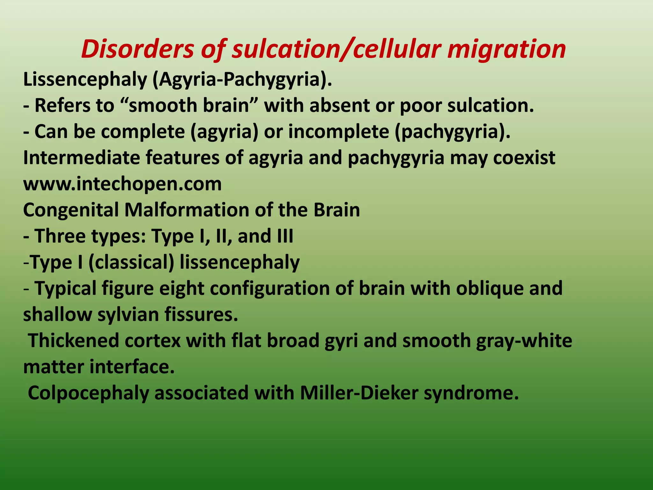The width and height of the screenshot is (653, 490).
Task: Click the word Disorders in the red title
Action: click(137, 49)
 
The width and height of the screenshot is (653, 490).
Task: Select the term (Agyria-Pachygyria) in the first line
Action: click(242, 79)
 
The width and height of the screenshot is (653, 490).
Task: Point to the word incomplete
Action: click(339, 132)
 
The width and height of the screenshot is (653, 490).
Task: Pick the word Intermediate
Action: click(82, 158)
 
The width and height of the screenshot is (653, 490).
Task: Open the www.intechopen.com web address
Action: click(122, 184)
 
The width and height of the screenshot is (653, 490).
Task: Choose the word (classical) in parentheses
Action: click(131, 263)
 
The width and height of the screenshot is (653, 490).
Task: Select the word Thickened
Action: click(73, 341)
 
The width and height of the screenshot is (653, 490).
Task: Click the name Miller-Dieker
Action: click(359, 393)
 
